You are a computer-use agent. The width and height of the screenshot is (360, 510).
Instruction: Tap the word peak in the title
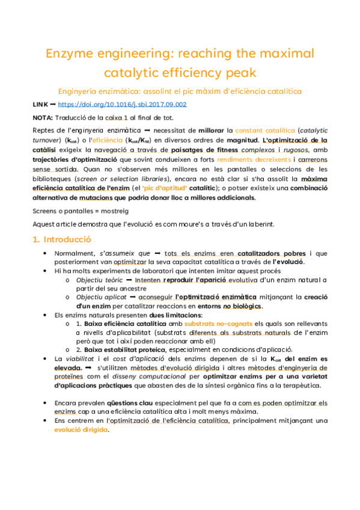point(240,73)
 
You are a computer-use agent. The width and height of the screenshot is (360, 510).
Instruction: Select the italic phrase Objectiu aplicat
point(100,296)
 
